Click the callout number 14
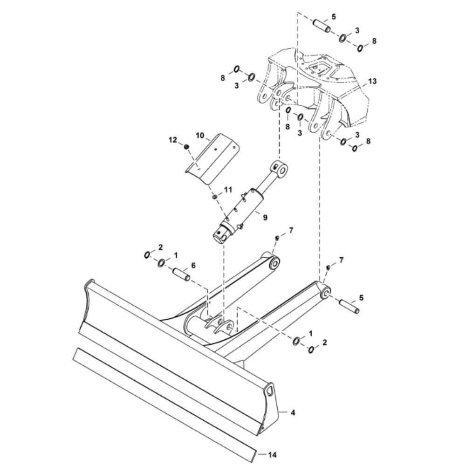point(272,455)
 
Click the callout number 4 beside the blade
point(293,412)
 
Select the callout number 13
point(372,81)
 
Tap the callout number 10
point(200,136)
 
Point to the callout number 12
point(173,140)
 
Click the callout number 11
point(228,190)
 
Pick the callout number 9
point(265,218)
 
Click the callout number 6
point(193,265)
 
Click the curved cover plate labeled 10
point(212,158)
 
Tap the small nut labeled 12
point(187,146)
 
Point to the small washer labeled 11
point(214,197)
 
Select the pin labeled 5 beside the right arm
point(349,307)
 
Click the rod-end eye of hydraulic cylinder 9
point(280,169)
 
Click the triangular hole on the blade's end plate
point(270,390)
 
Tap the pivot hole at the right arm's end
point(325,294)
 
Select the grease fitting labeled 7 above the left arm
point(277,238)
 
